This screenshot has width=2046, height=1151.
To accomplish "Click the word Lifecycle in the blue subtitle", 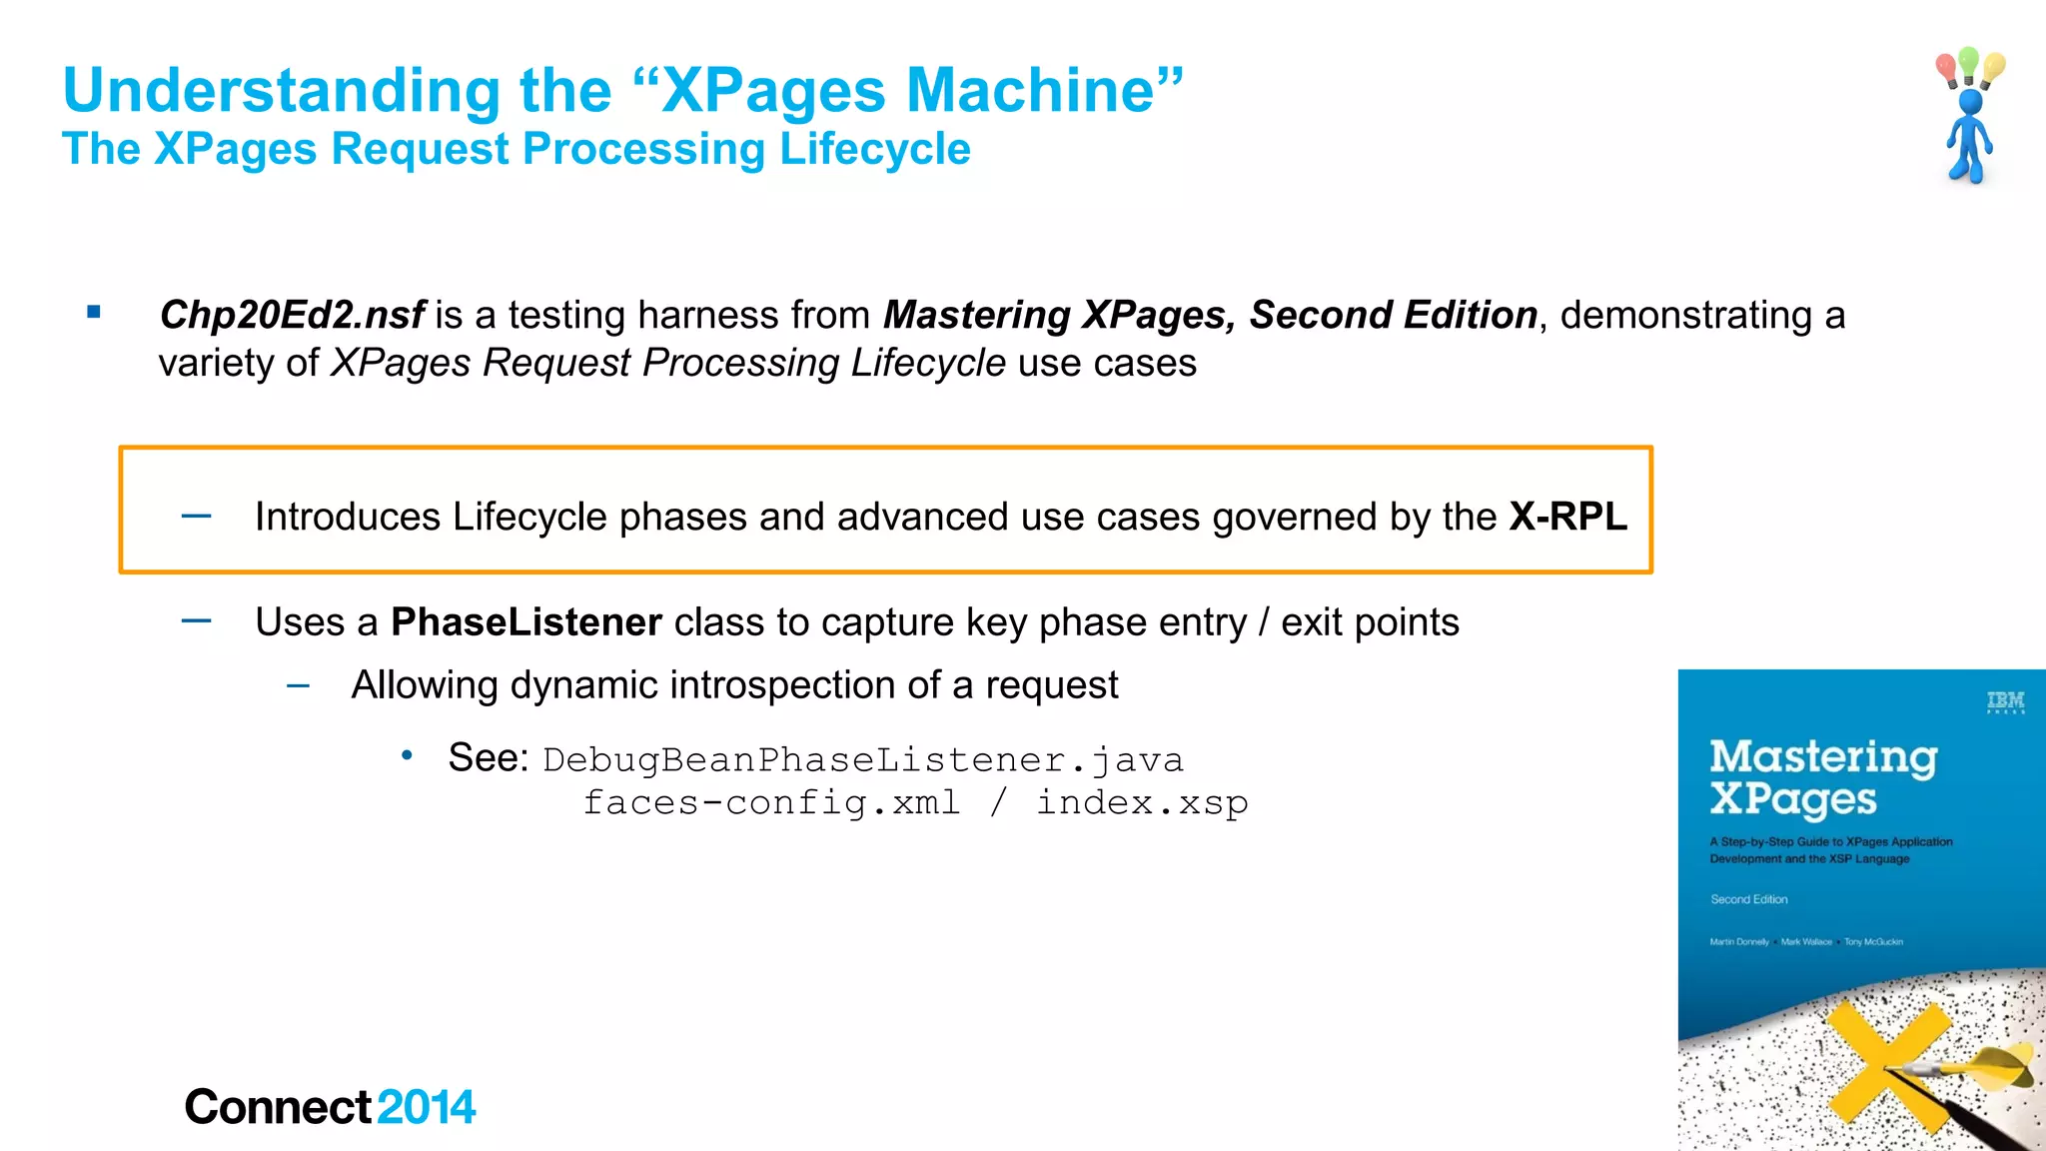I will tap(874, 150).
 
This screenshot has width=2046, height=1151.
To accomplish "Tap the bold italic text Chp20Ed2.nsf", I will tap(293, 316).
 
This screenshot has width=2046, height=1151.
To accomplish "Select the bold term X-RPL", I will tap(1567, 517).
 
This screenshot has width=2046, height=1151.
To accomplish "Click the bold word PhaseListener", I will tap(526, 622).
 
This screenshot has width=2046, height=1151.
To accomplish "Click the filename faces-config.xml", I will tap(771, 803).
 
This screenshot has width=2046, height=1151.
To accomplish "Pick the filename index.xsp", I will tap(1142, 803).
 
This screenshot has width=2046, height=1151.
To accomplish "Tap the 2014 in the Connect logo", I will tap(427, 1107).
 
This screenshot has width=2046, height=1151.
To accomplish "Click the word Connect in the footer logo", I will tap(278, 1107).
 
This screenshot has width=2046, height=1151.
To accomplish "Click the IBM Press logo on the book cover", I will tap(2005, 702).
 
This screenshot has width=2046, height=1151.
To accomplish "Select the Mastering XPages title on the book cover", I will tap(1822, 777).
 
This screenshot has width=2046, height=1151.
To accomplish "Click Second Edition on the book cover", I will tap(1748, 899).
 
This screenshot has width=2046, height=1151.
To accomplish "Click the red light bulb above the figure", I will tap(1946, 68).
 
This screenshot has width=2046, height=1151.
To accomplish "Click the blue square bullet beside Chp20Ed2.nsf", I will tap(94, 312).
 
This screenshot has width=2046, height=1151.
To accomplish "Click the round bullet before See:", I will tap(407, 755).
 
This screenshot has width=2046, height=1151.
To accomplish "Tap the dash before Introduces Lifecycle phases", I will tap(197, 516).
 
